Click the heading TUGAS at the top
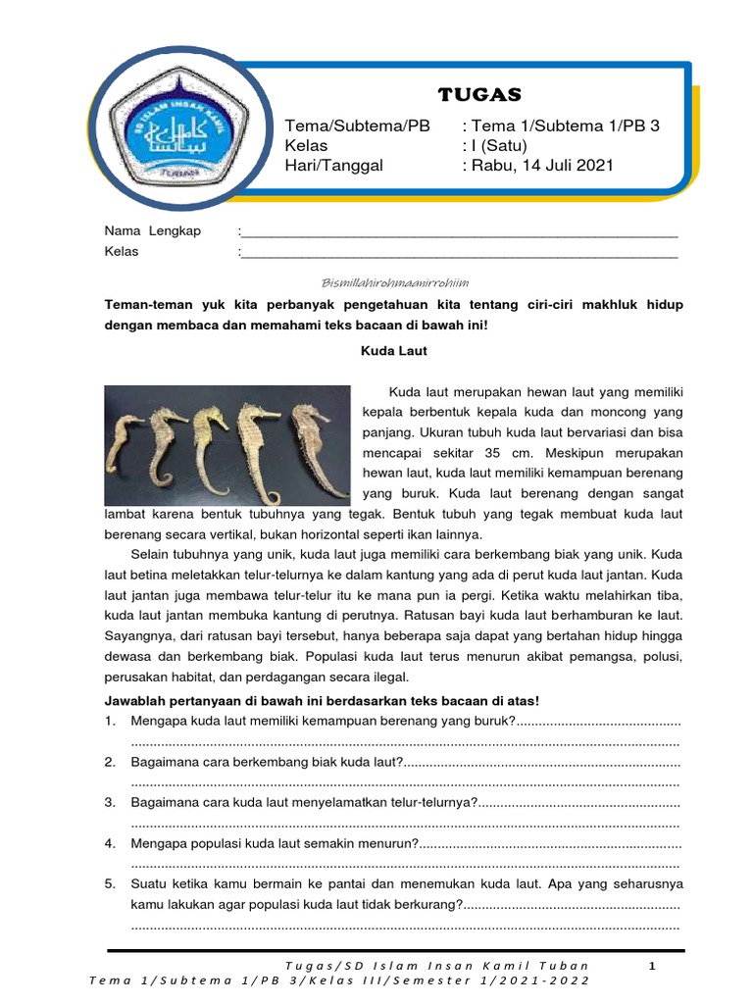479,94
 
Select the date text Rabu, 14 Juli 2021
541,165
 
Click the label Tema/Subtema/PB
357,126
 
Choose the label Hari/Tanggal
333,165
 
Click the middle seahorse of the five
208,441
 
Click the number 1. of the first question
111,722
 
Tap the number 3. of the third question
111,803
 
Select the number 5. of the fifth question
111,883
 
